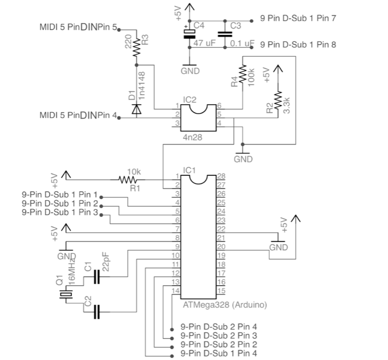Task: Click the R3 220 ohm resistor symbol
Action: coord(137,47)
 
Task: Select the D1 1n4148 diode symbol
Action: coord(137,109)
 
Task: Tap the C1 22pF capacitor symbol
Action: coord(96,276)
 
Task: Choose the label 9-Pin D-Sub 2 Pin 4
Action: coord(219,327)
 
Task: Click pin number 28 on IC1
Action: coord(221,176)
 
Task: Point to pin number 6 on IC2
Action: coord(219,105)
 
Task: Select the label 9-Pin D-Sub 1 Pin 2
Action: coord(60,203)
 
